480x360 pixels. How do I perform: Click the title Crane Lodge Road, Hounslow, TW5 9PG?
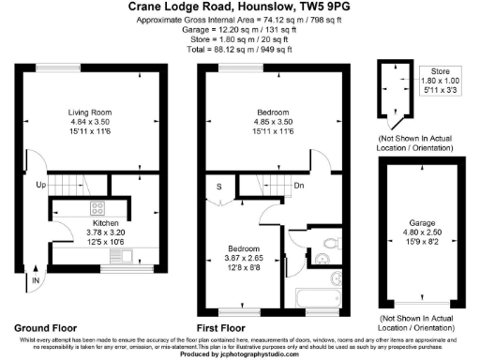(240, 7)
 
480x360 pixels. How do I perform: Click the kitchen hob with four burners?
(97, 208)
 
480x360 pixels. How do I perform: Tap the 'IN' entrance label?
(36, 279)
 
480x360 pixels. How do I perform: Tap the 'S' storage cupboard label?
(219, 186)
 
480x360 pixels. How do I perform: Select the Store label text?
(440, 70)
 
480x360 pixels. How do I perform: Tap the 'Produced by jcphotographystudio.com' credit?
(240, 354)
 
